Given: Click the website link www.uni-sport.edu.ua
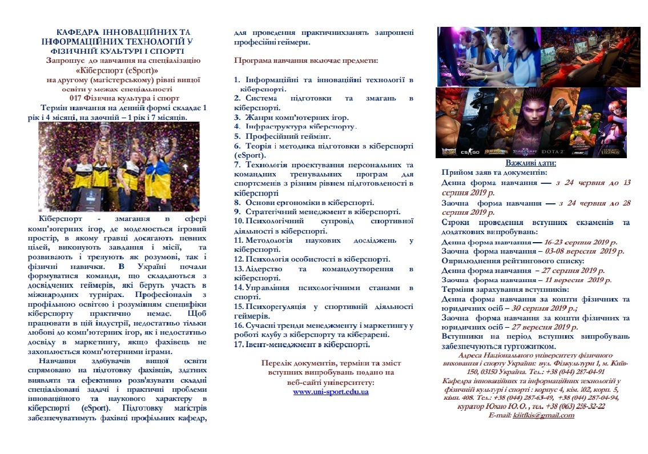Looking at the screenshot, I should [x=331, y=392].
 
